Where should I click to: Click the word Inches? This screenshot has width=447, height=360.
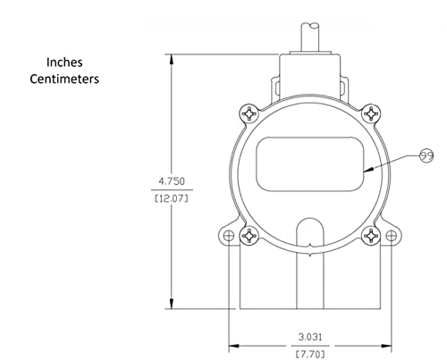64,63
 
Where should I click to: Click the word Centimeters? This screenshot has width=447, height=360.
64,80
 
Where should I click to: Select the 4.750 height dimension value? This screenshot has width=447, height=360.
172,181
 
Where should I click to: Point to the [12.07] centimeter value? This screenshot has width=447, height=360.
172,198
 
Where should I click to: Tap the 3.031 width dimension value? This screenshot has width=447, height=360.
310,337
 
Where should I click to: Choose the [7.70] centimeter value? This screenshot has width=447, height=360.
310,355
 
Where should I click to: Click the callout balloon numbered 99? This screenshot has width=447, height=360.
426,155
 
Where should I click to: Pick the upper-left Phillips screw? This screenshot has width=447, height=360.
249,113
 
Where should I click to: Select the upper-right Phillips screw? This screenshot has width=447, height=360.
371,113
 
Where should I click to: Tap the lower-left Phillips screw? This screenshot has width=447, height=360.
249,236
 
